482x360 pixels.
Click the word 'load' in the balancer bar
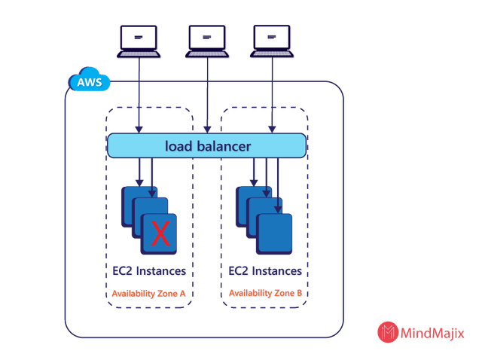(x=181, y=145)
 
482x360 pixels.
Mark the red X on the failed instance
(x=160, y=233)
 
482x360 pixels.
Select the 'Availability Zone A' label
(x=149, y=293)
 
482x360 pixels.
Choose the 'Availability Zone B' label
(x=266, y=293)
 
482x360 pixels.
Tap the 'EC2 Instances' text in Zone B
(x=266, y=270)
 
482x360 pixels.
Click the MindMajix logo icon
(x=388, y=332)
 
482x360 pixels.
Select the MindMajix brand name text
(x=432, y=333)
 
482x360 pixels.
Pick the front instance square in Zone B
(x=275, y=233)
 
